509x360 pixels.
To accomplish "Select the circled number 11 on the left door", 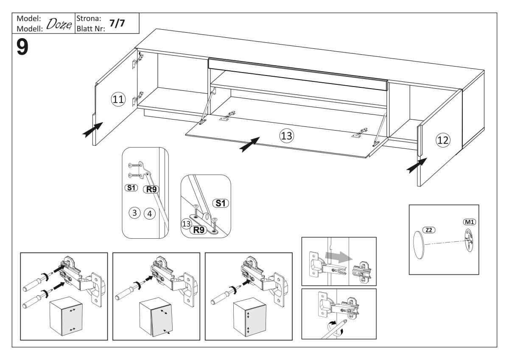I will pos(117,100).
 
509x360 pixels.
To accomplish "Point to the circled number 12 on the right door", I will pos(442,140).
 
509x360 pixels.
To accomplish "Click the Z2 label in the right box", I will pos(430,229).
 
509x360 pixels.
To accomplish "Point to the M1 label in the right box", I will pos(469,222).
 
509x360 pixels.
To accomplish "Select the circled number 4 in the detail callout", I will pos(148,213).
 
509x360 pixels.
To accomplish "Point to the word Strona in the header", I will pos(86,19).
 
